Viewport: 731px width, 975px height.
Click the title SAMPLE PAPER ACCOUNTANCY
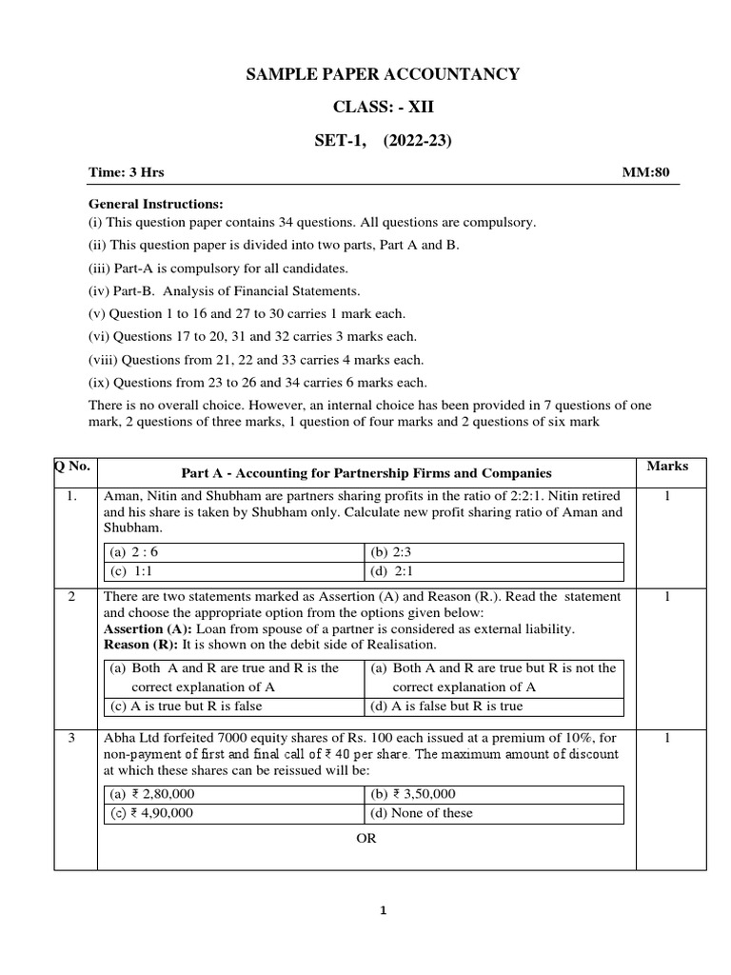coord(383,74)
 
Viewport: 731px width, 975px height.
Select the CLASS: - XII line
coord(383,108)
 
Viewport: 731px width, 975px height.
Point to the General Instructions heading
coord(156,204)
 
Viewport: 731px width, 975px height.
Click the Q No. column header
coord(74,467)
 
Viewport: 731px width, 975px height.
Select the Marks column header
coord(667,467)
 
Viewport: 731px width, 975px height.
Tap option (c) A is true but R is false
coord(187,706)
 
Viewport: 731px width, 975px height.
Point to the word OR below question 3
coord(366,839)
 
